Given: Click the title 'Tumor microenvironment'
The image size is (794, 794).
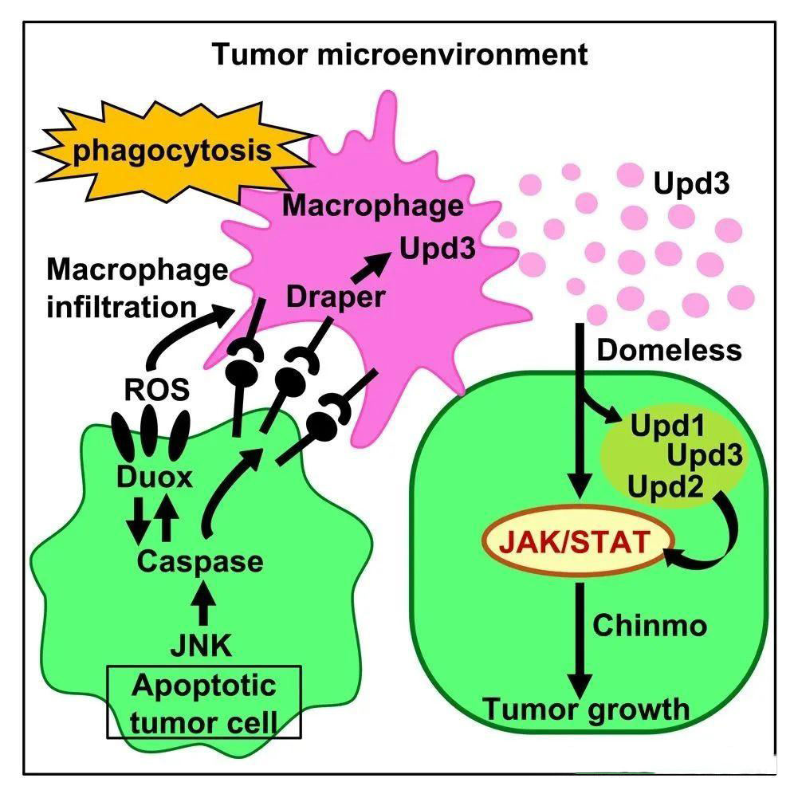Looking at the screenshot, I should pos(399,55).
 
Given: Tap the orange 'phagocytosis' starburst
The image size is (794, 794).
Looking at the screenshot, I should pos(172,151).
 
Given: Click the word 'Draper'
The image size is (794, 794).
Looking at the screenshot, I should pos(336,297).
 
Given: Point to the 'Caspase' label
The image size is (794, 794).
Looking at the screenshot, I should pos(199,560).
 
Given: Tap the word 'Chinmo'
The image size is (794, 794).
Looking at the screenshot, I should pos(650,625).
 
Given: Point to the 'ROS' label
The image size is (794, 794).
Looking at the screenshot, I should pos(157,390).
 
